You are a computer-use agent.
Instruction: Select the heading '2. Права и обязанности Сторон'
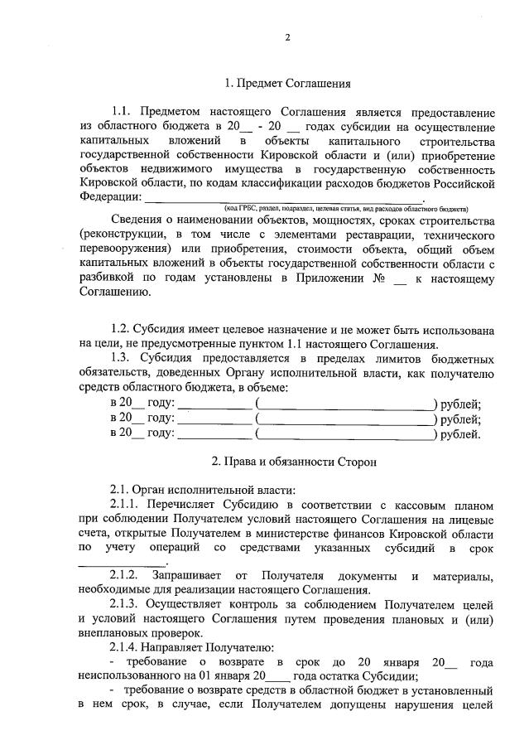point(294,462)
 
